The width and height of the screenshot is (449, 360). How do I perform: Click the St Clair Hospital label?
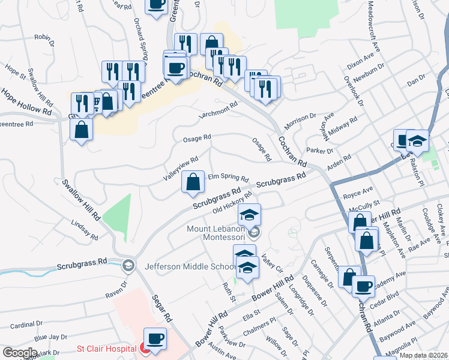coord(106,349)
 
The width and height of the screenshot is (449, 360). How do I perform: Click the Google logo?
coord(20,353)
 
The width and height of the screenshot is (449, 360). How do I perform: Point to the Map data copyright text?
coord(424,355)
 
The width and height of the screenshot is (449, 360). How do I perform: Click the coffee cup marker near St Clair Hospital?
coord(156,338)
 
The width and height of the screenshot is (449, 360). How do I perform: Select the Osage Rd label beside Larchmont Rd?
coord(197,137)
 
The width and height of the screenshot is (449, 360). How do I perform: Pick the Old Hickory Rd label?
coord(231,206)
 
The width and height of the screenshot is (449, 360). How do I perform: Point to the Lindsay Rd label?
coord(84,230)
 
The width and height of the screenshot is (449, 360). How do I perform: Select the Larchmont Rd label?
coord(219,107)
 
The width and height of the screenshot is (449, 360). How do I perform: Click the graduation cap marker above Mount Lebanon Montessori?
coord(250,214)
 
